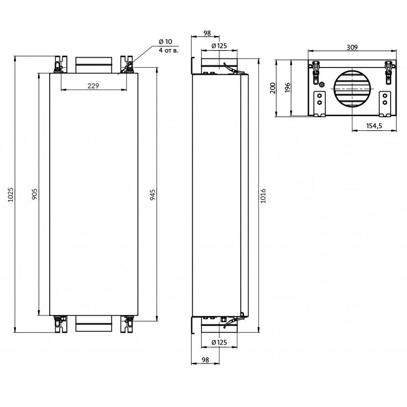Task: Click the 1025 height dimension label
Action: pyautogui.click(x=11, y=194)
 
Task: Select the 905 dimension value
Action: pyautogui.click(x=35, y=194)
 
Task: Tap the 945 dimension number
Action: pyautogui.click(x=153, y=194)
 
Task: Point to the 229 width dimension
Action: pyautogui.click(x=93, y=85)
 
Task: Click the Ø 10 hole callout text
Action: pyautogui.click(x=165, y=42)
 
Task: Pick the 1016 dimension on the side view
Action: pyautogui.click(x=263, y=196)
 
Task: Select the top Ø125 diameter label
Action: pyautogui.click(x=219, y=46)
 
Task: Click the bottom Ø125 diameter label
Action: pyautogui.click(x=219, y=342)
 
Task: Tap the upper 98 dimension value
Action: pyautogui.click(x=207, y=33)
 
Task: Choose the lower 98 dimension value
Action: pyautogui.click(x=205, y=360)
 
